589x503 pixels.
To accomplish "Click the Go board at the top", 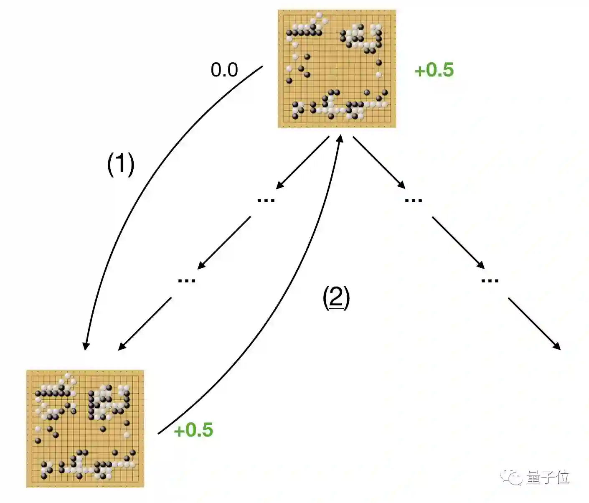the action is point(337,69).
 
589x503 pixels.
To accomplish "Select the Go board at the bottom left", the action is point(85,429).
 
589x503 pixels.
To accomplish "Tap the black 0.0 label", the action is point(224,70).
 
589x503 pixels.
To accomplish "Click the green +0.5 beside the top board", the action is point(434,70).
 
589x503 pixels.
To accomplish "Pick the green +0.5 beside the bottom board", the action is point(193,430).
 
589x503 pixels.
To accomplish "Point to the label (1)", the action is point(121,164).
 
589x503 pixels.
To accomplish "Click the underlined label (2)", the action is point(336,297).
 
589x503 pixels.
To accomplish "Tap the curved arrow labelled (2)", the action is point(292,292).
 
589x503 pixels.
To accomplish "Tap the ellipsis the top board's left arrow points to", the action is point(266,201).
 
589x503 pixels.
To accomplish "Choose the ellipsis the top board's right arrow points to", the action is point(414,201).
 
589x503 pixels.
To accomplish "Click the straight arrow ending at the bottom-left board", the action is point(145,324).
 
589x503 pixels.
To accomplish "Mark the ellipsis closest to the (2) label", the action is point(186,280).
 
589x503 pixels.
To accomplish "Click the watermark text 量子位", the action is point(548,477).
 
